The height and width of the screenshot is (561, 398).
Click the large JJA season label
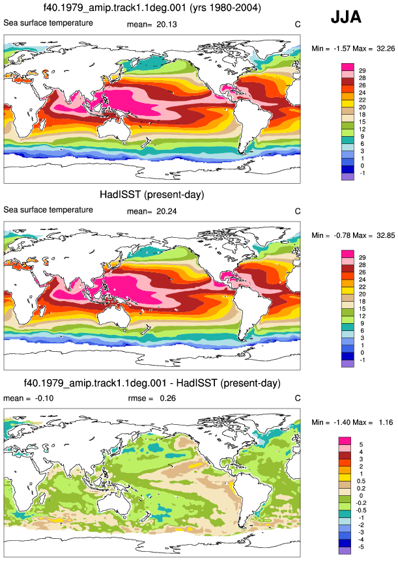point(346,17)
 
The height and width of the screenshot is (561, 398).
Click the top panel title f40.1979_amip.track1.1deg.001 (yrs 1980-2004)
point(152,7)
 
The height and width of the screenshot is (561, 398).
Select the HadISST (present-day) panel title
point(152,195)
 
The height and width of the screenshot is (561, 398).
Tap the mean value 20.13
point(167,24)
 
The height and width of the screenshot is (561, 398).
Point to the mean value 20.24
point(167,212)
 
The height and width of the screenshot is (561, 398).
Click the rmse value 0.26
point(167,398)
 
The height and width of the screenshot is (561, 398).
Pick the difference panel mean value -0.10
point(44,398)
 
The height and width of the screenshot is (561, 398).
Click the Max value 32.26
point(386,48)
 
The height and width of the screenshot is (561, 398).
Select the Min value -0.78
point(342,235)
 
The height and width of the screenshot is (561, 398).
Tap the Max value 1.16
point(386,422)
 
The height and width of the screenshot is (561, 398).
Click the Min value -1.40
point(342,422)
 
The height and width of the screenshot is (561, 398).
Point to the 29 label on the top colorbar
point(362,71)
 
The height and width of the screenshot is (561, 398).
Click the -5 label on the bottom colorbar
point(361,547)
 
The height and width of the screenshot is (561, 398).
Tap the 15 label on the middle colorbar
point(362,309)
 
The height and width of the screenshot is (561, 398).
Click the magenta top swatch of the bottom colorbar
point(345,440)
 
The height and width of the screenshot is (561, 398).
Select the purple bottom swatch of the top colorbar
point(348,177)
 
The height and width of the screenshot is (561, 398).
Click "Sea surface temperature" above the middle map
point(48,210)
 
